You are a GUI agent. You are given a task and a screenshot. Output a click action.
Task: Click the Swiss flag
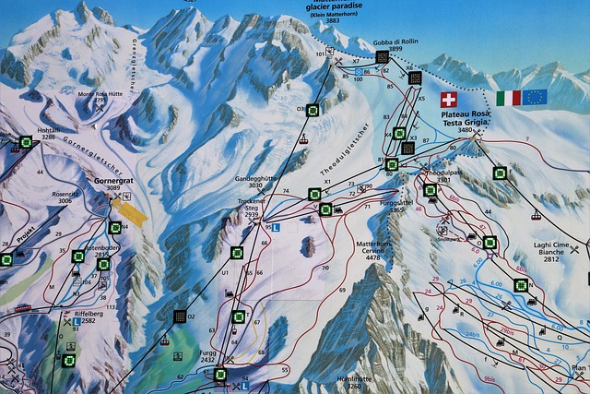click(449, 99)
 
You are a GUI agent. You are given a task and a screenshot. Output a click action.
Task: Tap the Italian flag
click(508, 98)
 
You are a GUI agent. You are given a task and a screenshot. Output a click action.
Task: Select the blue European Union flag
click(536, 97)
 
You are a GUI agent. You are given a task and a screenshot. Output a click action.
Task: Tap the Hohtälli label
click(49, 131)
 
